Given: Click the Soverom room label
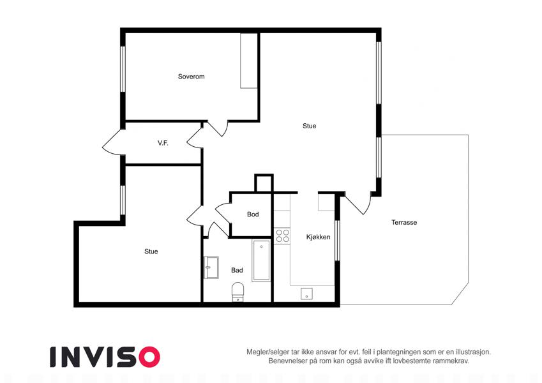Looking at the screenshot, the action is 191,77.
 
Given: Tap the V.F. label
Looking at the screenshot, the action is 163,143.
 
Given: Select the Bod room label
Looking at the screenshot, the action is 253,214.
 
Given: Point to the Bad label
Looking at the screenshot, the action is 237,270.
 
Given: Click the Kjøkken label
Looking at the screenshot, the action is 318,237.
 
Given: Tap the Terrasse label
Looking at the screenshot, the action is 404,222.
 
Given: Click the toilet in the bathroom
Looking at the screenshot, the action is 238,291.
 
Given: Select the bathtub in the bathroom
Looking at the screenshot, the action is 261,260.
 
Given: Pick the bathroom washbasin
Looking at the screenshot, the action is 211,267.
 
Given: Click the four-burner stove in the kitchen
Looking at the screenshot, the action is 282,236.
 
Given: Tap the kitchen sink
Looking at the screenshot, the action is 306,294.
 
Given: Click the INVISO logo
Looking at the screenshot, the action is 105,357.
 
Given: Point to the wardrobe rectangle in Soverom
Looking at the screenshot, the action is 249,61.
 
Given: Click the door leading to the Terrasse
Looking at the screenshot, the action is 358,203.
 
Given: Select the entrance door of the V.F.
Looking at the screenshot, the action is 112,142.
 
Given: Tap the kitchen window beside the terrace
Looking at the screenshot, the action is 337,240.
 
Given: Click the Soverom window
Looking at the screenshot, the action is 123,69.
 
